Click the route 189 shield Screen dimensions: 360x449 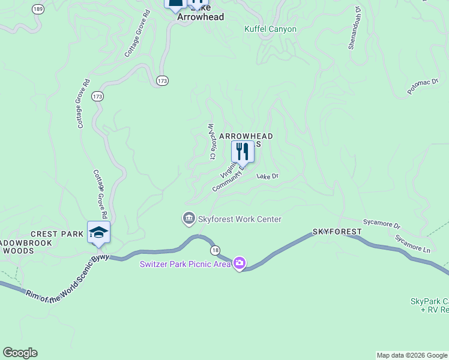[38, 9]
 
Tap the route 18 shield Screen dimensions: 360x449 [214, 249]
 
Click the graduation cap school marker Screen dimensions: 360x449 [98, 232]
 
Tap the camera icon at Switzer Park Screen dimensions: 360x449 [240, 263]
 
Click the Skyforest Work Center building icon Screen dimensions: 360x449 [189, 218]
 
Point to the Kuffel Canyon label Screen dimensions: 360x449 [270, 29]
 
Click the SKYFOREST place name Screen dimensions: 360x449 [337, 232]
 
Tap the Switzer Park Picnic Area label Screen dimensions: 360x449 [185, 264]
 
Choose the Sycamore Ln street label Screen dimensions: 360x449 [413, 243]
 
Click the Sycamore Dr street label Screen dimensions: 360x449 [382, 224]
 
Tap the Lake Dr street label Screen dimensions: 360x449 [268, 176]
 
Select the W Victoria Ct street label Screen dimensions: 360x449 [211, 142]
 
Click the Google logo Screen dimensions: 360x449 [20, 353]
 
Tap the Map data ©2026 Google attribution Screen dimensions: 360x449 [411, 355]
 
